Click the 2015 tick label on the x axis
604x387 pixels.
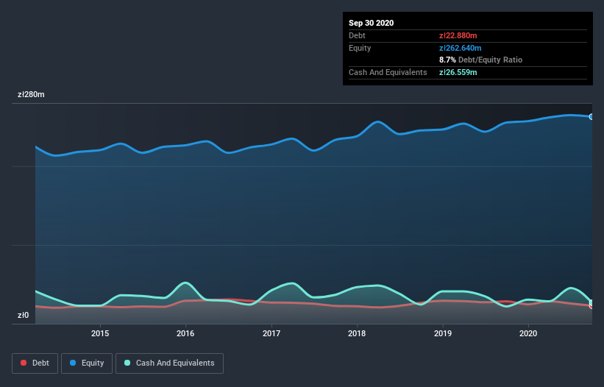pos(100,333)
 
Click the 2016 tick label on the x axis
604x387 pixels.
pos(185,333)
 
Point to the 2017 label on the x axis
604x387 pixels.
pos(271,333)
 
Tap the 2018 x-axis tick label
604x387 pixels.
pos(357,333)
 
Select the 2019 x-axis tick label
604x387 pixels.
pos(443,333)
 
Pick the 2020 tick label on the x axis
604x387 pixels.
pos(528,333)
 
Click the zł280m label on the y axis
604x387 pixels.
pos(31,95)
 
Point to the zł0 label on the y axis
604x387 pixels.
pos(23,316)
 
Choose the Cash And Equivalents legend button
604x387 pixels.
pos(169,363)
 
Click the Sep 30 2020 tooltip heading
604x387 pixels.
pos(371,23)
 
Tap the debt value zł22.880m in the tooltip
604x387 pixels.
pos(458,35)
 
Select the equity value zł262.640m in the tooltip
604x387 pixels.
pos(461,48)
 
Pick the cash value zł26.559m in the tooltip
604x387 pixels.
pos(458,72)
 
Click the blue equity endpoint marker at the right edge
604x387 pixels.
pos(591,117)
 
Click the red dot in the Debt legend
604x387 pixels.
pos(24,363)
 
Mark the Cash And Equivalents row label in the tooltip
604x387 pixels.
pos(388,72)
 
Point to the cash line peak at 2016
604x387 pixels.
pos(185,283)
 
